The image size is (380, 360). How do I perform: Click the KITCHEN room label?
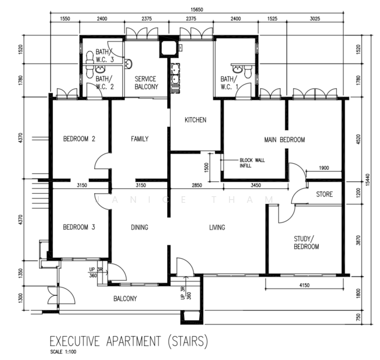coord(195,120)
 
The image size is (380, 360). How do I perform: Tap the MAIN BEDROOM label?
coord(285,140)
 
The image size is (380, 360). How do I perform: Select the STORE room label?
coord(324,194)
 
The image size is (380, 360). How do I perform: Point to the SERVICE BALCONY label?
coord(146,83)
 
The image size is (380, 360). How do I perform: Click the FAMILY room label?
coord(140,139)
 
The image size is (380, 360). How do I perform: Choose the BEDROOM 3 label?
coord(79,227)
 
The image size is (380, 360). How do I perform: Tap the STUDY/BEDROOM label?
coord(306,242)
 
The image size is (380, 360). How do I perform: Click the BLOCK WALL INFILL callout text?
coord(252,163)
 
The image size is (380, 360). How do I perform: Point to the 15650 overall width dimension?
coord(197,10)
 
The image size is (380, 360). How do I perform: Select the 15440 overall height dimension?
coord(368,180)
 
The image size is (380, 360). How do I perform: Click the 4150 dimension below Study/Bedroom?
coord(304,285)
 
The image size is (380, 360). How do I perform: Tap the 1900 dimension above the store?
coord(324,168)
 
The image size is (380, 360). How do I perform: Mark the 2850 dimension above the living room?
coord(197,185)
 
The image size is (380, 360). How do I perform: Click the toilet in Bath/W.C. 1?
coord(248,71)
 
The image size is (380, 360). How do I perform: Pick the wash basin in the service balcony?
coord(128,64)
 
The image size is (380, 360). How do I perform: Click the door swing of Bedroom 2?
coord(101,160)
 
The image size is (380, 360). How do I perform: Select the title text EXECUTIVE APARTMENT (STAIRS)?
coord(129,341)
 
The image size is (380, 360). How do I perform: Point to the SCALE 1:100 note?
coord(64,352)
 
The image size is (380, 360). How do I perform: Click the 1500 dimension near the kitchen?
coord(206,167)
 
